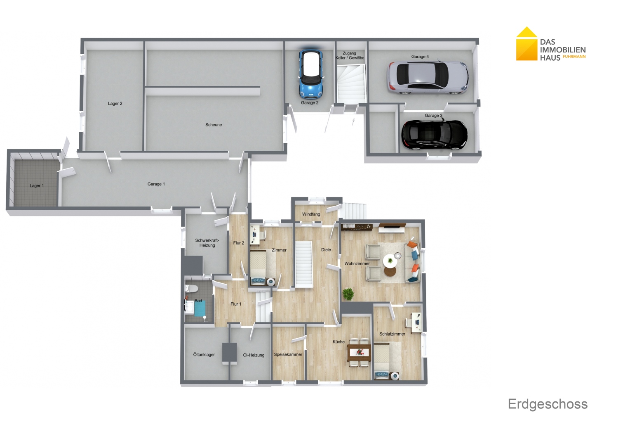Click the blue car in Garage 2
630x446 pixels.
click(310, 74)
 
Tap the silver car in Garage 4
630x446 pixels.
click(428, 78)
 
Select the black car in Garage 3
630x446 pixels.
click(435, 135)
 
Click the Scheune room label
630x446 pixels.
click(214, 125)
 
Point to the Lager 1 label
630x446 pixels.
click(37, 186)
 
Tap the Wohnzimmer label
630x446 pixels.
click(357, 264)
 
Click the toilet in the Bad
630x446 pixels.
click(192, 289)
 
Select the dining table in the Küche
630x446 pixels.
click(359, 352)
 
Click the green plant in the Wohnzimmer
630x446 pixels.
click(348, 294)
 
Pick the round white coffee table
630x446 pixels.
click(390, 261)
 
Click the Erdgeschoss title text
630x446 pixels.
click(548, 404)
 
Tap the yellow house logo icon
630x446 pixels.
click(527, 44)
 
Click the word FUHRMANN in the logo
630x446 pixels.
click(574, 57)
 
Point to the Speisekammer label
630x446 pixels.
click(288, 354)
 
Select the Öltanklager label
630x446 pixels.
click(204, 354)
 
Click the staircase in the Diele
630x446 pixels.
click(304, 264)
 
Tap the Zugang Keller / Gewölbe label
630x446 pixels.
click(350, 55)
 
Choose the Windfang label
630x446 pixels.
click(311, 214)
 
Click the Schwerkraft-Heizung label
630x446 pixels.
click(207, 243)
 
